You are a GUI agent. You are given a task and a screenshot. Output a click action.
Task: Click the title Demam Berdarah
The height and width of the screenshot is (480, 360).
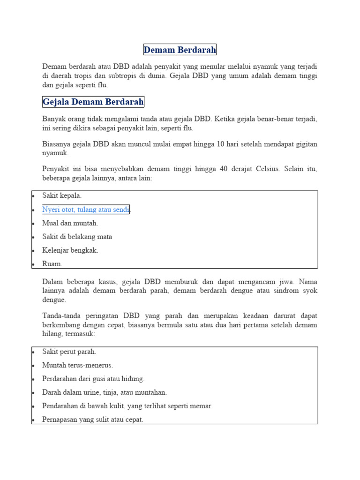tap(180, 50)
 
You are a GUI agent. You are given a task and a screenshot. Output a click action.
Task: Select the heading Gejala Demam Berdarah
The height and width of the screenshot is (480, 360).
tap(93, 102)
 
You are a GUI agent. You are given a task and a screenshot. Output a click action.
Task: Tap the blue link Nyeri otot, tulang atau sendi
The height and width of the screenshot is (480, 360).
tap(86, 210)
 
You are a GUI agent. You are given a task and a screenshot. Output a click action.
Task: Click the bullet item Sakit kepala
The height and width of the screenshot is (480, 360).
tap(62, 195)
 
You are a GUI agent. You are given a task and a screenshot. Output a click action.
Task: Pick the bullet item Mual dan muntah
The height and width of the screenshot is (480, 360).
tap(70, 223)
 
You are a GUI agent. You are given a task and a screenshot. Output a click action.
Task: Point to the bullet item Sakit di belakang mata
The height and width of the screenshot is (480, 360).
tap(77, 237)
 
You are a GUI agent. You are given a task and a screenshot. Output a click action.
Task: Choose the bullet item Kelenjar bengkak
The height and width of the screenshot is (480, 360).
tap(70, 250)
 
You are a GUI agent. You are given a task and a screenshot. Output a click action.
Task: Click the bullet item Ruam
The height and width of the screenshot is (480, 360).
tap(52, 264)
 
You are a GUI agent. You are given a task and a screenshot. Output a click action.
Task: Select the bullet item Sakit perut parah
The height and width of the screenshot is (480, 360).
tap(69, 352)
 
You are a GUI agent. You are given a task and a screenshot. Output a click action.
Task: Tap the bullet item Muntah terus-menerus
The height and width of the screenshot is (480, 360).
tap(77, 365)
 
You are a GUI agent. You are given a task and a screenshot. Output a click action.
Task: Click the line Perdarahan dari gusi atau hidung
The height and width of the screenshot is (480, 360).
tap(93, 379)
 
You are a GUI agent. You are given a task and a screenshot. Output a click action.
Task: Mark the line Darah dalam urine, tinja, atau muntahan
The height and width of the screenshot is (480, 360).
tap(104, 392)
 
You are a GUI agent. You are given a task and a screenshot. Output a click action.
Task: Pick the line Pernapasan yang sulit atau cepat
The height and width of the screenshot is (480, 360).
tap(92, 420)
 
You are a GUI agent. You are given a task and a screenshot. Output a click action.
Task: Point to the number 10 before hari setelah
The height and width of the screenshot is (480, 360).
tap(220, 144)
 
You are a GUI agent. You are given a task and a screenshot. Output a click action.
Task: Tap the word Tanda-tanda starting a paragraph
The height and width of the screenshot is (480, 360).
tap(62, 316)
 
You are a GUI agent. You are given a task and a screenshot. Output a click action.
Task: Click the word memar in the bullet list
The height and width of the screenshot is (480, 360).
tap(202, 406)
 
